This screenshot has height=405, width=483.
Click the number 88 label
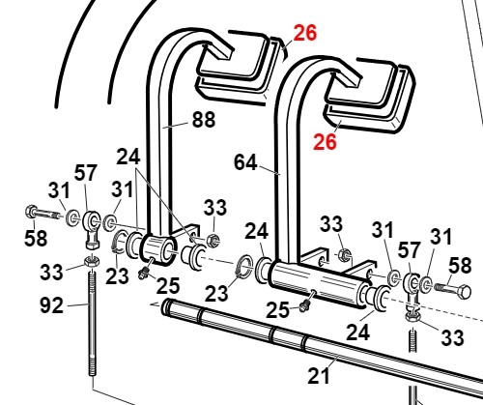pyautogui.click(x=204, y=120)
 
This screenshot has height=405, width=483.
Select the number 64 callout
pyautogui.click(x=245, y=162)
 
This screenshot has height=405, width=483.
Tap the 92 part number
pyautogui.click(x=51, y=305)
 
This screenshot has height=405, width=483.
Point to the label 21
pyautogui.click(x=319, y=376)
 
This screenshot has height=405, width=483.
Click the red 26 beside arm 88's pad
pyautogui.click(x=305, y=33)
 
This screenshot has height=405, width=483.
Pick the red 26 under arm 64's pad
pyautogui.click(x=325, y=142)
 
